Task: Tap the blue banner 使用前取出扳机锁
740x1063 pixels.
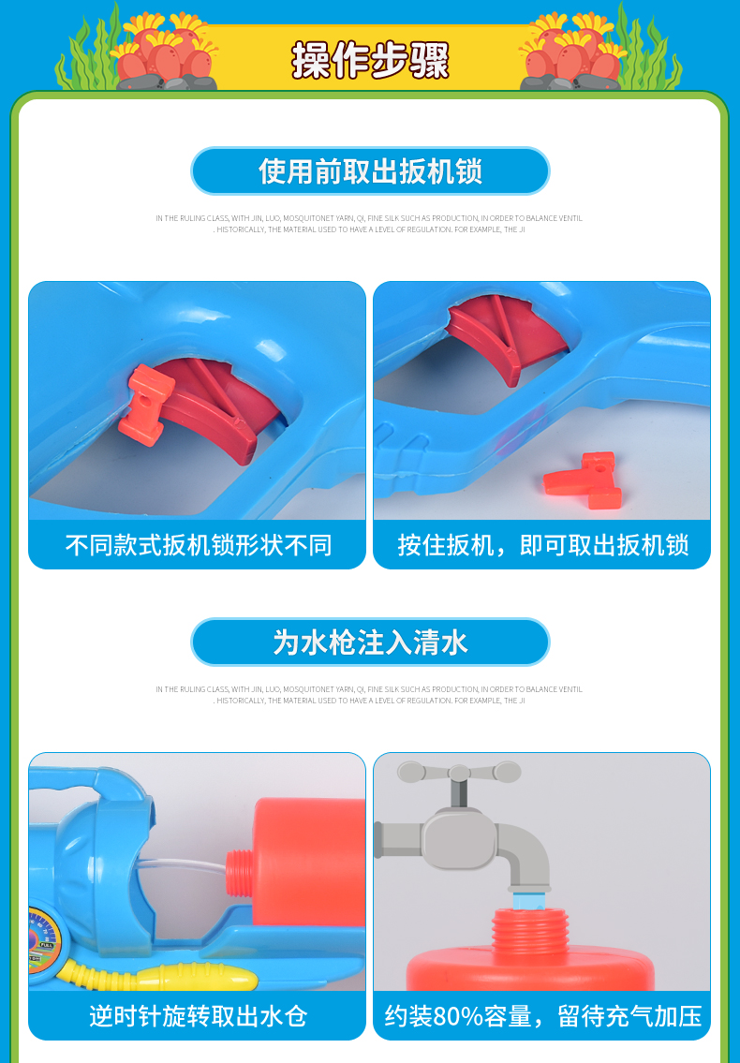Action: pyautogui.click(x=370, y=171)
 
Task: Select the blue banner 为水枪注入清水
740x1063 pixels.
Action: pyautogui.click(x=370, y=642)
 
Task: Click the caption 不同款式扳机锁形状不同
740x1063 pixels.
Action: pyautogui.click(x=198, y=545)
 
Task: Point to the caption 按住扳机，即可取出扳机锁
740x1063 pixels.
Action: pyautogui.click(x=542, y=545)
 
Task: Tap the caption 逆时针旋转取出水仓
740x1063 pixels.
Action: pyautogui.click(x=198, y=1015)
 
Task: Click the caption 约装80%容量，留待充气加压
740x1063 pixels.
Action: pyautogui.click(x=542, y=1015)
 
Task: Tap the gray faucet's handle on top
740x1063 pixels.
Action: pyautogui.click(x=459, y=774)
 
